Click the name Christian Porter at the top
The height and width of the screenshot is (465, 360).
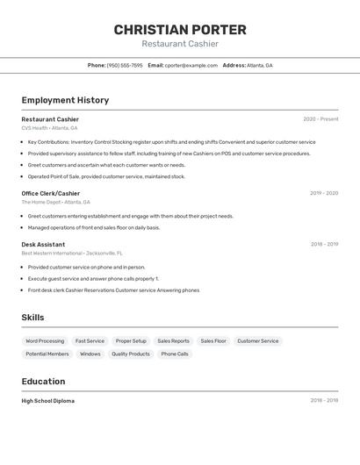point(180,30)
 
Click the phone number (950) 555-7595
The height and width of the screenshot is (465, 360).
point(125,66)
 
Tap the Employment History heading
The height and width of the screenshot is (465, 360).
point(65,100)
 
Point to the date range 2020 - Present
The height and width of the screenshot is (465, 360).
point(320,119)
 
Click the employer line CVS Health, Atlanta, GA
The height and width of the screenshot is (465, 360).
point(49,128)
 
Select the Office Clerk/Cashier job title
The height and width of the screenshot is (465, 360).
point(51,193)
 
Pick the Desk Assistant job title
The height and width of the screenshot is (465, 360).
point(43,244)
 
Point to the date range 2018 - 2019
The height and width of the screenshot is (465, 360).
point(324,245)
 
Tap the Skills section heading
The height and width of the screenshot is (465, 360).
point(32,318)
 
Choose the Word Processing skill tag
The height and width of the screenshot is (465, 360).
point(45,340)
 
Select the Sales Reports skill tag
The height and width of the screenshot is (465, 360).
point(173,340)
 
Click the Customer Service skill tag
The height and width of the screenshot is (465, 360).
point(257,340)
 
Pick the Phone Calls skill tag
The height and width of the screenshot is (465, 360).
point(175,354)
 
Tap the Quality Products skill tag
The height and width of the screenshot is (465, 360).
point(130,354)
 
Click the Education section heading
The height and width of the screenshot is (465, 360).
point(43,382)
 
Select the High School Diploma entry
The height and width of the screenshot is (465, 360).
point(47,401)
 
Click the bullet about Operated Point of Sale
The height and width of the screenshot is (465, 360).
point(106,176)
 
